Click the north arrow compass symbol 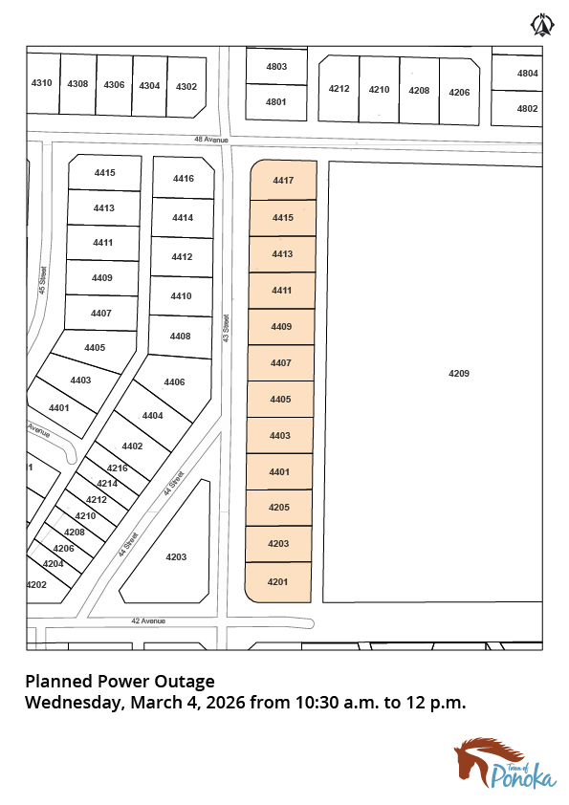tap(542, 25)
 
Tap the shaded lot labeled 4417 tap(283, 180)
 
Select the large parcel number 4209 tap(459, 373)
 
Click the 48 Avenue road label tap(211, 140)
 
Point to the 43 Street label tap(226, 329)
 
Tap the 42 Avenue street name tap(148, 620)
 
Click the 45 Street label tap(43, 280)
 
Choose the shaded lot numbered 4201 tap(278, 582)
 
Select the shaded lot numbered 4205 tap(279, 508)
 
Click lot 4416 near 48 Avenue tap(184, 178)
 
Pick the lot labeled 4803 tap(276, 66)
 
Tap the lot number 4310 tap(41, 82)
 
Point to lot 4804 tap(528, 74)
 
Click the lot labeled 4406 tap(175, 382)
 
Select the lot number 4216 tap(117, 468)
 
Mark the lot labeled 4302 tap(186, 87)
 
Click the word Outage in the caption tap(185, 682)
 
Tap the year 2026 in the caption tap(226, 702)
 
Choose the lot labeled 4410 tap(181, 296)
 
